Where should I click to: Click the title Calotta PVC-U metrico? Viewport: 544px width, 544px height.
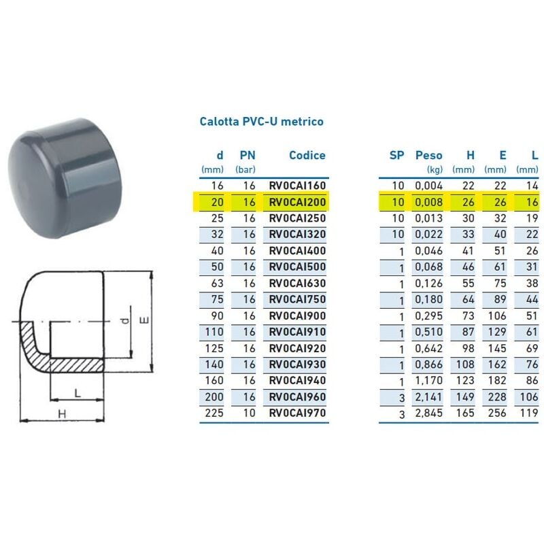click(261, 122)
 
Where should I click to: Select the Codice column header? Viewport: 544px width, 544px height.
click(307, 156)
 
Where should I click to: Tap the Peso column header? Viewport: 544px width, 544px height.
click(429, 156)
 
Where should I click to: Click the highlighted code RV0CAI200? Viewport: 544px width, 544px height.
click(297, 202)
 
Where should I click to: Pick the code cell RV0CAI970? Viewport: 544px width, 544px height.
click(297, 413)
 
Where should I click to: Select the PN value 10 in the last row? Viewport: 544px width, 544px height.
click(249, 413)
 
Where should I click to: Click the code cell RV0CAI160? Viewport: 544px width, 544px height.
click(297, 186)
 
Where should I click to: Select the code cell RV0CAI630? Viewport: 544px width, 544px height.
click(297, 284)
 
